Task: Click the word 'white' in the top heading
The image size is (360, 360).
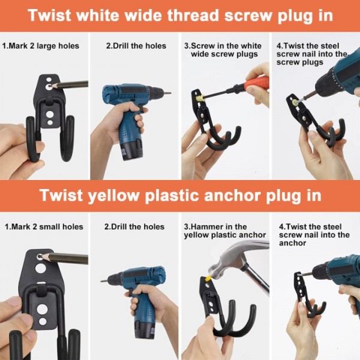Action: pyautogui.click(x=98, y=16)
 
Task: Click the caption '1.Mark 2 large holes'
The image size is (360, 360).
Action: pyautogui.click(x=41, y=46)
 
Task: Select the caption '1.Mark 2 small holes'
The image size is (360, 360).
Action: pyautogui.click(x=44, y=227)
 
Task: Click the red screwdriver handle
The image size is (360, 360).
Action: pyautogui.click(x=256, y=83)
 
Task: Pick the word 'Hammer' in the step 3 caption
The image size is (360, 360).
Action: pyautogui.click(x=208, y=227)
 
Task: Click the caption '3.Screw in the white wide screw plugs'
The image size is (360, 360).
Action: pyautogui.click(x=223, y=50)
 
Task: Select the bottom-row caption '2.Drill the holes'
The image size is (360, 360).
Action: pyautogui.click(x=134, y=227)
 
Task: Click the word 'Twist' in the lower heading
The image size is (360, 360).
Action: pyautogui.click(x=62, y=196)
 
